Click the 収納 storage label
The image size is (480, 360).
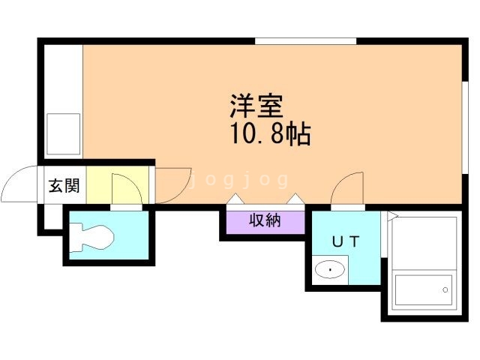click(262, 220)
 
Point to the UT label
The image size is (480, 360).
click(346, 241)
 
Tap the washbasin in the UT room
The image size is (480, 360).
click(330, 268)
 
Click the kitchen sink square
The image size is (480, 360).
click(64, 132)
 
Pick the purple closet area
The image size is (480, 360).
click(262, 223)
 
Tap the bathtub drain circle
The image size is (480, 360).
click(445, 289)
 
